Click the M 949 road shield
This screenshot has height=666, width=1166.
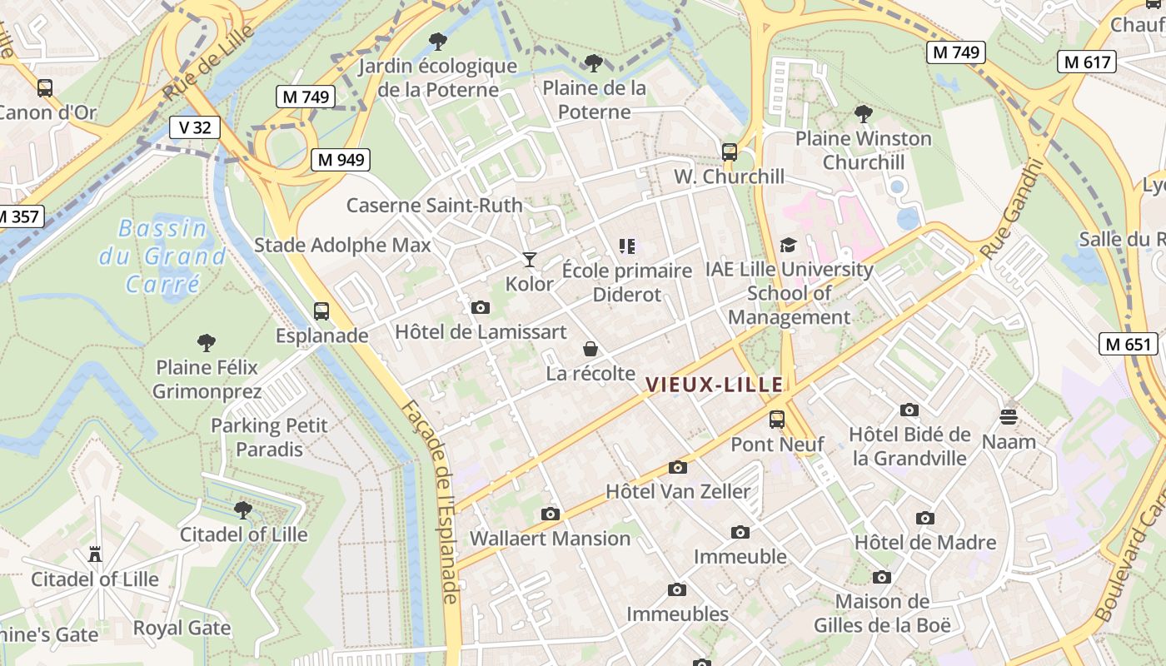[340, 160]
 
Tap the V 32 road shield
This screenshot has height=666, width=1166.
[195, 127]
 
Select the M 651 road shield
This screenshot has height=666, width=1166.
[1129, 344]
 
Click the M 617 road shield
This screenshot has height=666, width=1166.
[1087, 62]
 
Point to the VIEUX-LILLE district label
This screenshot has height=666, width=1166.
[715, 385]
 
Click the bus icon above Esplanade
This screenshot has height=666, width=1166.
[321, 311]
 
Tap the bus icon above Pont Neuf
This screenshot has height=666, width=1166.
[777, 420]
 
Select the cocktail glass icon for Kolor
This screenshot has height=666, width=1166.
[529, 260]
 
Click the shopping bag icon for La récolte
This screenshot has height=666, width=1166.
[590, 349]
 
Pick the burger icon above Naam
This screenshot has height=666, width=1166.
[1009, 416]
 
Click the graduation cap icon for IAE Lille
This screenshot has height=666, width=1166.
[788, 245]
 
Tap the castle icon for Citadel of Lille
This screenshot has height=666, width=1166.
[94, 554]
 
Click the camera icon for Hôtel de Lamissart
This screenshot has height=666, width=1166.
[480, 307]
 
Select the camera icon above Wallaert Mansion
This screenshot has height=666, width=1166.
[550, 514]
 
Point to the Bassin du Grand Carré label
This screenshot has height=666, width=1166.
[162, 256]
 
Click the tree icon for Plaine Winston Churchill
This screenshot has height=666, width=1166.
[863, 113]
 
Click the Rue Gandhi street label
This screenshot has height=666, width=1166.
[1011, 209]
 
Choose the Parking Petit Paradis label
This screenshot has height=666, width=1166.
[269, 437]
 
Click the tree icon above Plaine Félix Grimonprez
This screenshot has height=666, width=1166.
[207, 342]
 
